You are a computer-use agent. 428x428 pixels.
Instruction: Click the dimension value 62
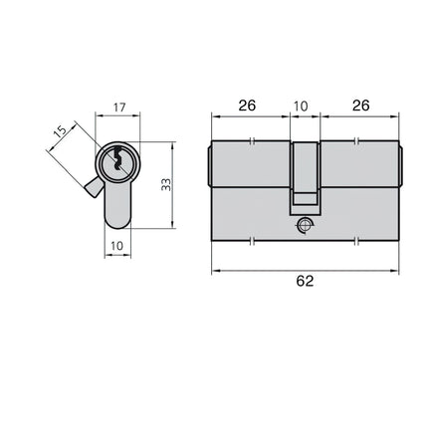[305, 282]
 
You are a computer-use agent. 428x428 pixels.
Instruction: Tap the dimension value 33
[166, 184]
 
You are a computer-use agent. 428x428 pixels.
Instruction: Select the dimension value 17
[119, 107]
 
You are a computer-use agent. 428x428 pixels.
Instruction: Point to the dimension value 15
[61, 131]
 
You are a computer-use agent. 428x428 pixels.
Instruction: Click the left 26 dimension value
[247, 106]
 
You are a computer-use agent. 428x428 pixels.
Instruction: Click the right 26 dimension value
[360, 106]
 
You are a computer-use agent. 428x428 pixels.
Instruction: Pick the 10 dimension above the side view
[302, 107]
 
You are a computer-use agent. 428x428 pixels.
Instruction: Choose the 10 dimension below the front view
[116, 246]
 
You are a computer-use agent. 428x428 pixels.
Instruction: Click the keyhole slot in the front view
[117, 159]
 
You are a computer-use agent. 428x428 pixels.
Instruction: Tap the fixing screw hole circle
[304, 225]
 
